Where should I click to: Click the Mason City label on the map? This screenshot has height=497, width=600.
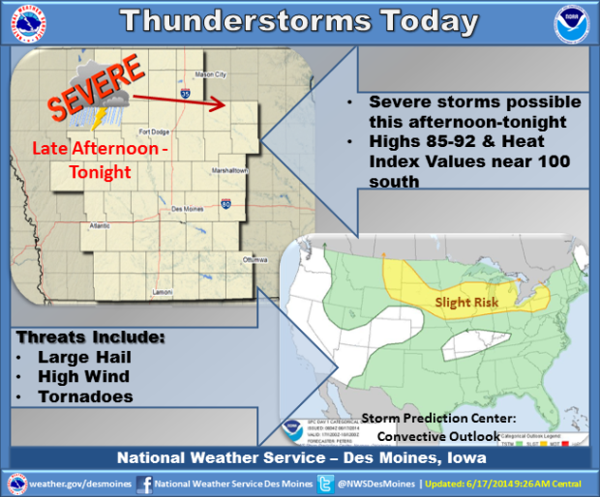[x=210, y=74]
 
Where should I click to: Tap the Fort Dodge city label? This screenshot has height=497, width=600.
[x=155, y=132]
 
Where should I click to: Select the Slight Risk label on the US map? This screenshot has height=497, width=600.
[x=466, y=302]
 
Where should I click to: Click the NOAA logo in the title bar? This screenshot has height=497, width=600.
[x=571, y=23]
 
